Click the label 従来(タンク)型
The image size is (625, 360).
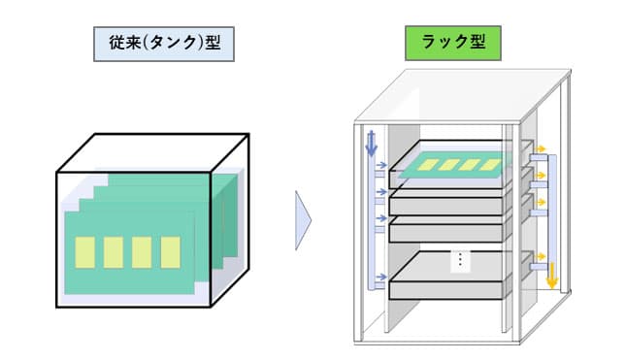click(164, 44)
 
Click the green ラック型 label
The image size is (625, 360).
click(453, 43)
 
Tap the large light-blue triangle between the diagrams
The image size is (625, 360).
click(303, 220)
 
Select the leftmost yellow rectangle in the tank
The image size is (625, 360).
click(84, 252)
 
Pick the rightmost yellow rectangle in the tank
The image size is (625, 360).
click(171, 252)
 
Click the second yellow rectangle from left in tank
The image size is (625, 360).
click(114, 252)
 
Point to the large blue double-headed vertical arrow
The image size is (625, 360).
click(371, 144)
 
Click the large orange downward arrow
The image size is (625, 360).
click(552, 276)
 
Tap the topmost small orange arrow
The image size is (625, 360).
click(541, 149)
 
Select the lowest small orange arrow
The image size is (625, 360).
click(541, 256)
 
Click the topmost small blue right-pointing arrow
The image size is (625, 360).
click(381, 165)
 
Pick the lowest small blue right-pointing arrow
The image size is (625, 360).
click(381, 277)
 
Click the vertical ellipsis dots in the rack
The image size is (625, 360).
click(460, 260)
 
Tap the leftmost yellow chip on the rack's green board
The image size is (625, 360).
click(429, 165)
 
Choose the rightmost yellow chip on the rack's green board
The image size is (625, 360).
click(490, 165)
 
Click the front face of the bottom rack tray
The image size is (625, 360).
click(445, 291)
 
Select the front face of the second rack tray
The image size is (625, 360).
click(445, 207)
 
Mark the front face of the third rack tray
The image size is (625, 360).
click(445, 233)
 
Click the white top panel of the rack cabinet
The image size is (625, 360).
click(462, 96)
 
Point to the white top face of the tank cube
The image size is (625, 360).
click(153, 153)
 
